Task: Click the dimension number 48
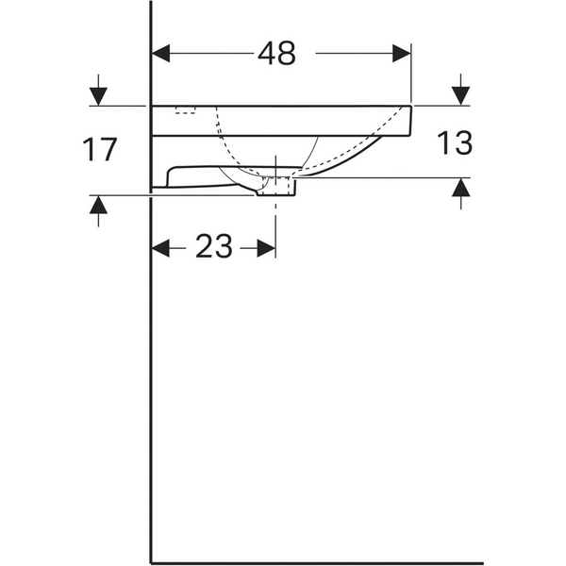[x=276, y=54]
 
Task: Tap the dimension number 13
[x=454, y=143]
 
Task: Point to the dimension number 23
[x=213, y=247]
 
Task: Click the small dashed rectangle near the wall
[x=185, y=110]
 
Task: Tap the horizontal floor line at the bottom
[x=316, y=562]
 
